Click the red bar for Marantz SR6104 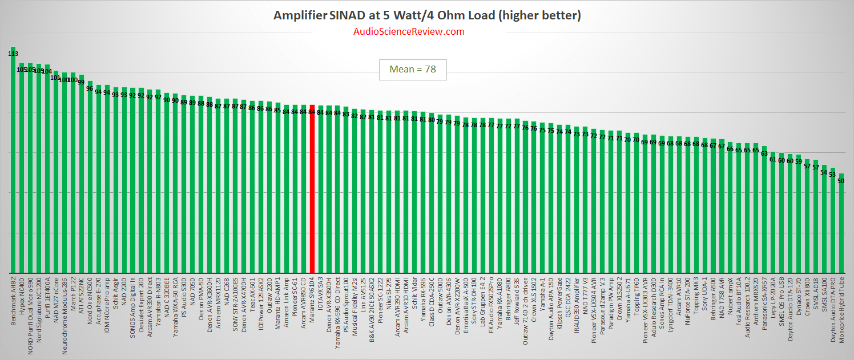[x=312, y=188]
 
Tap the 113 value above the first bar [x=13, y=54]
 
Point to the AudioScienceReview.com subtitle [x=409, y=31]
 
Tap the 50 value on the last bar [x=840, y=181]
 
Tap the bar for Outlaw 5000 [x=440, y=194]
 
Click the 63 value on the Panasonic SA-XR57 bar [x=764, y=153]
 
